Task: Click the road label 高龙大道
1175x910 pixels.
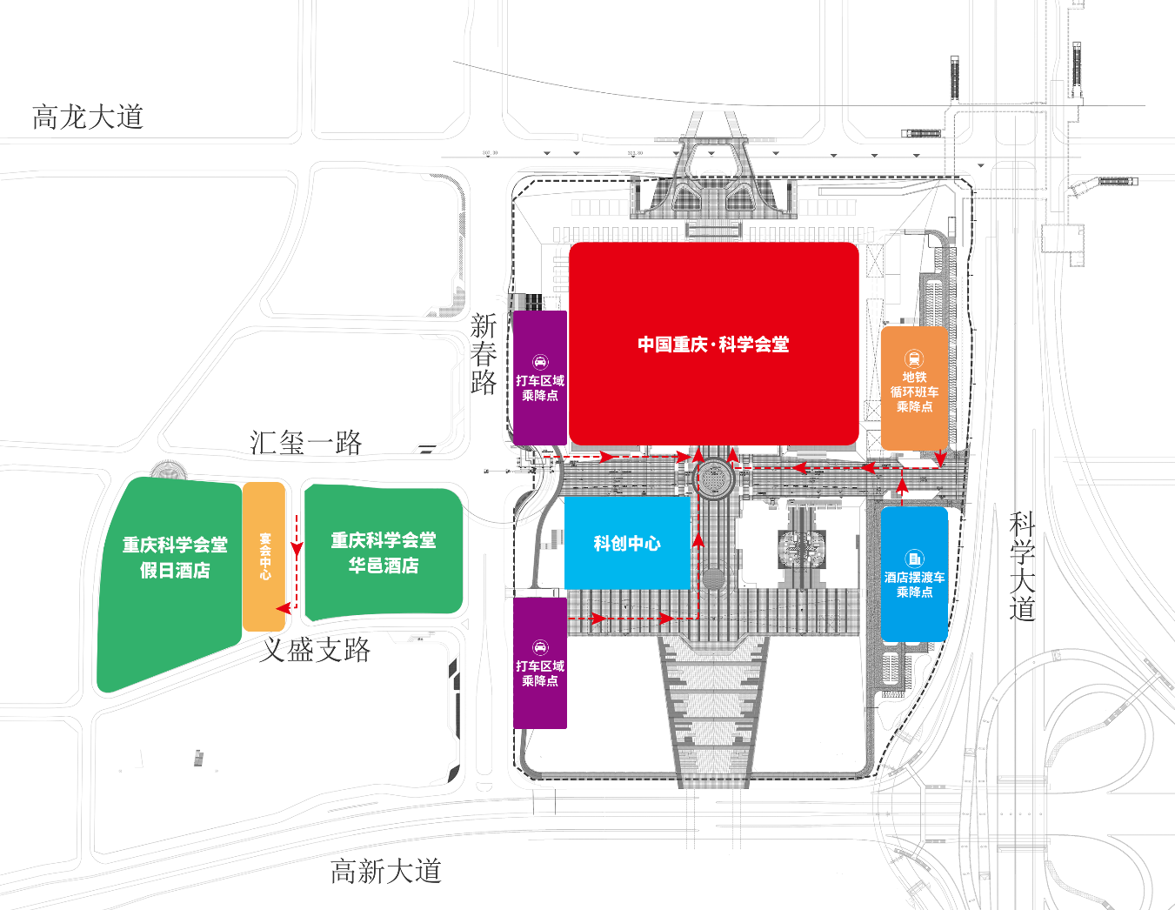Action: click(87, 117)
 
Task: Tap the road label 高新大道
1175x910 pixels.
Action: click(386, 871)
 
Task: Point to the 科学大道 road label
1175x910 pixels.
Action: click(1023, 566)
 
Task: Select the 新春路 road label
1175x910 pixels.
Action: click(484, 354)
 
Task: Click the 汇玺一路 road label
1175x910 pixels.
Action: click(305, 443)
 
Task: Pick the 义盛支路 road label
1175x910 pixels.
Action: click(316, 649)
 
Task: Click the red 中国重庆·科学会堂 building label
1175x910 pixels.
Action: click(713, 345)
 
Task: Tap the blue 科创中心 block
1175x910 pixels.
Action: click(627, 544)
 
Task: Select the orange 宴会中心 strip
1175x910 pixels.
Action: click(264, 557)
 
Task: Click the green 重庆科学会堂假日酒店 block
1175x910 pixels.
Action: click(174, 558)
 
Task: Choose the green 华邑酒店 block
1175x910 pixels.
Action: click(384, 552)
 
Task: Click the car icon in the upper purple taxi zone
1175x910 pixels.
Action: click(540, 362)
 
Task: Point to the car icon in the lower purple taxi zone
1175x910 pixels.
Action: click(540, 647)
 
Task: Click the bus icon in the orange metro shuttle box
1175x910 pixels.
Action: click(914, 358)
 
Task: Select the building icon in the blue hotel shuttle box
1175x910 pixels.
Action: click(914, 559)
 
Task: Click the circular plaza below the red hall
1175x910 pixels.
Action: click(713, 478)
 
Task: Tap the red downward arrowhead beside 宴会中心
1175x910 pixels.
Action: click(297, 550)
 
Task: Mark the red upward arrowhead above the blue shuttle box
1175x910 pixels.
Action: click(902, 481)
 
